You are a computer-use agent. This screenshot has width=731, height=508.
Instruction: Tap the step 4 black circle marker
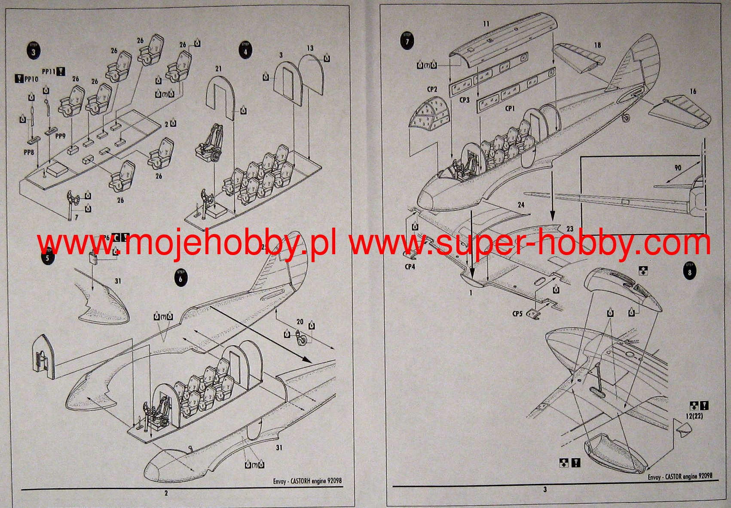pos(245,51)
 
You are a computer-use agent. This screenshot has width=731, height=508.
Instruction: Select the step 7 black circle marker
pos(407,41)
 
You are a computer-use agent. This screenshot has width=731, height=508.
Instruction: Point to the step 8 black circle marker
pos(689,271)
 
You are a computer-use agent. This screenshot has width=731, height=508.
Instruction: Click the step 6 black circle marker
pos(180,278)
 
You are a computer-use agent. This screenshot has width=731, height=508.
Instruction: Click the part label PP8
pos(28,152)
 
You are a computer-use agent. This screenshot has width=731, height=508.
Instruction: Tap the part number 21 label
pos(218,69)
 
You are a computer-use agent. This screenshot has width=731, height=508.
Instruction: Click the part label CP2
pos(432,89)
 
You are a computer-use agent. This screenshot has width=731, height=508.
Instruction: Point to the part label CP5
pos(517,314)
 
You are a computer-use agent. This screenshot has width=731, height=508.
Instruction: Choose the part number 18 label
pos(597,45)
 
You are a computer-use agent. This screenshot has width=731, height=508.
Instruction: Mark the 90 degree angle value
pos(678,168)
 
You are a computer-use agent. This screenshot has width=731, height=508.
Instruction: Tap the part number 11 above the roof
pos(486,24)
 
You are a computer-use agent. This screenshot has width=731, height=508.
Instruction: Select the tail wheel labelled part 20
pos(303,339)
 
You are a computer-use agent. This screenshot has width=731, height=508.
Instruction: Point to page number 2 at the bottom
pos(166,493)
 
